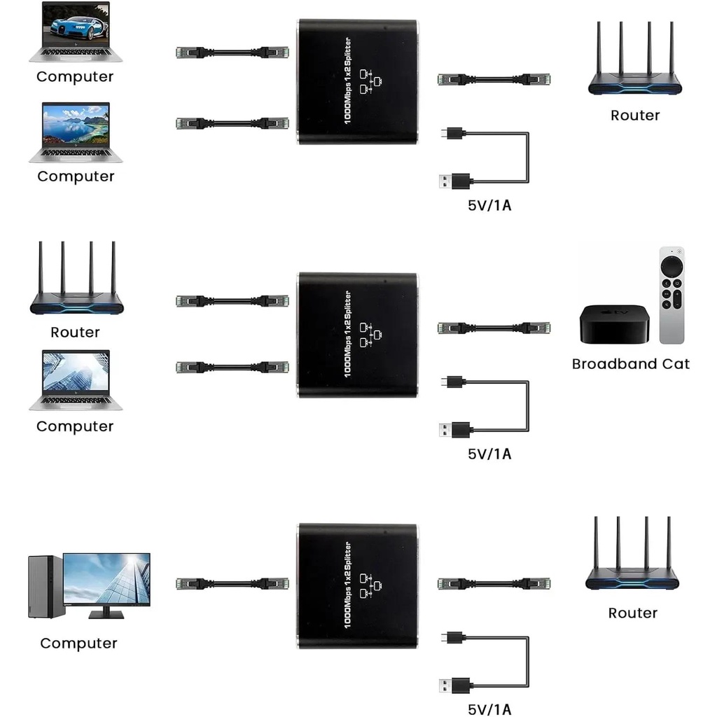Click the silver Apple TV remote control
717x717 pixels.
pos(671,295)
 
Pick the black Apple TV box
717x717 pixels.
pos(614,323)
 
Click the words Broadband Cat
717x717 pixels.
pos(630,364)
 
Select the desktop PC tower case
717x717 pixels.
pos(46,587)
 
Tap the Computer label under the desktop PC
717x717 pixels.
pos(78,643)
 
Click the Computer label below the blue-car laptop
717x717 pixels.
pos(75,77)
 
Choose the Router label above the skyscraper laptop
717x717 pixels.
pos(75,333)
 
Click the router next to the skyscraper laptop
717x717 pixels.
pos(76,280)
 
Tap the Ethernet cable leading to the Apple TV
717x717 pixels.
pos(494,328)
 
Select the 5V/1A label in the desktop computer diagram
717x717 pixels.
pos(489,709)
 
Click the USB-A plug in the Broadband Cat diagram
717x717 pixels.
pos(456,429)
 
